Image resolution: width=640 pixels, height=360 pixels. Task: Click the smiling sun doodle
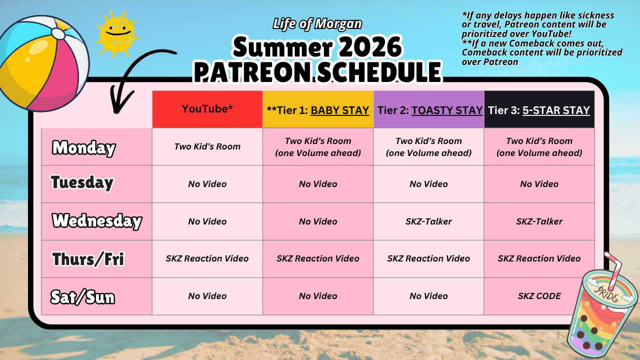pyautogui.click(x=116, y=33)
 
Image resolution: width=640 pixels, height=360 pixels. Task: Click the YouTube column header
pyautogui.click(x=207, y=109)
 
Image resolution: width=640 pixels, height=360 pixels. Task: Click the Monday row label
pyautogui.click(x=83, y=148)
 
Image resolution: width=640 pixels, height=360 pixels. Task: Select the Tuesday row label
pyautogui.click(x=82, y=182)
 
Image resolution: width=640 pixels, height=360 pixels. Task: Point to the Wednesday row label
pyautogui.click(x=97, y=221)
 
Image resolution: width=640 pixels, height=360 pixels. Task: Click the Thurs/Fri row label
pyautogui.click(x=88, y=259)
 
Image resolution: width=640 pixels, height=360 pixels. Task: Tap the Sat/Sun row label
pyautogui.click(x=82, y=297)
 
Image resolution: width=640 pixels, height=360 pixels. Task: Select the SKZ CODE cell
pyautogui.click(x=539, y=296)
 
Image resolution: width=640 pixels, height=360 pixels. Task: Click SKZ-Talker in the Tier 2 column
pyautogui.click(x=428, y=221)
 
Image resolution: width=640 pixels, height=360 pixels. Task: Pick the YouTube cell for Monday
pyautogui.click(x=207, y=146)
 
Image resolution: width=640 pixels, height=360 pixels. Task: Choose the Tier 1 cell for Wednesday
pyautogui.click(x=318, y=221)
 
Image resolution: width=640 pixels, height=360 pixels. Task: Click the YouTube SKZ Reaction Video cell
pyautogui.click(x=207, y=258)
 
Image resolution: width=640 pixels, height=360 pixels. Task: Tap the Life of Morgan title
pyautogui.click(x=317, y=24)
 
